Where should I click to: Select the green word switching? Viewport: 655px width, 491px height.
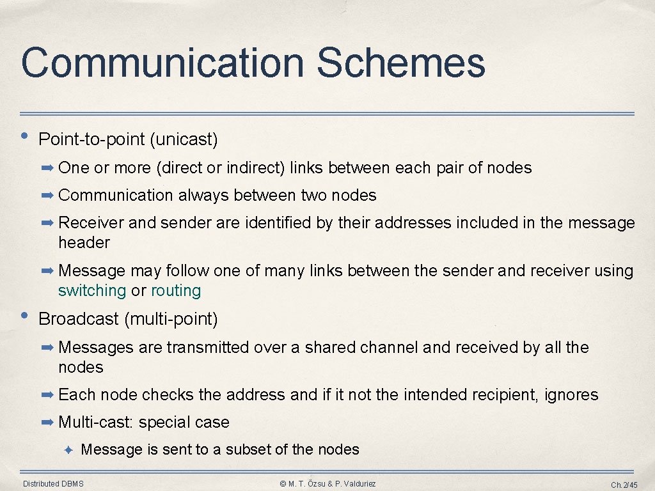(92, 291)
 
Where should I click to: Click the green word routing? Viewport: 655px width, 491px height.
(176, 291)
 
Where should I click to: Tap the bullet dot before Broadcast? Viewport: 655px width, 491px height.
(24, 316)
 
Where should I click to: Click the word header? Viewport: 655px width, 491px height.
(84, 243)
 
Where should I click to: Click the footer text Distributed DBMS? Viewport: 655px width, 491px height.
(53, 484)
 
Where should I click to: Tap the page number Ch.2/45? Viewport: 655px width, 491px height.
(624, 485)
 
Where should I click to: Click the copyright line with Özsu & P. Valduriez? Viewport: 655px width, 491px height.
(328, 484)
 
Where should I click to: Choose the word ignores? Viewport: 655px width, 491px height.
(571, 395)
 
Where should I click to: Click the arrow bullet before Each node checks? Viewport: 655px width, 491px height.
(48, 395)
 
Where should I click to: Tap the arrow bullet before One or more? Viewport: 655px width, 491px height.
(48, 168)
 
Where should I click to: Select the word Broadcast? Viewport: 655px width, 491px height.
(79, 319)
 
